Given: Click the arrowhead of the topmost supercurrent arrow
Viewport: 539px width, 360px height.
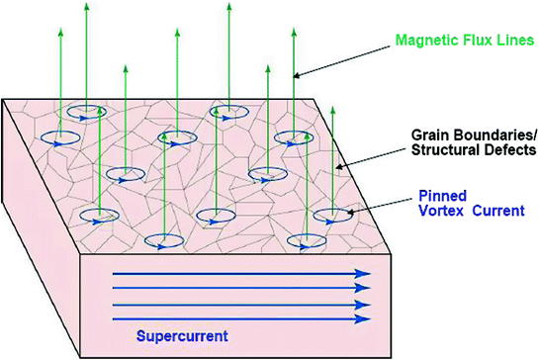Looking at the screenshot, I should pos(364,271).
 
